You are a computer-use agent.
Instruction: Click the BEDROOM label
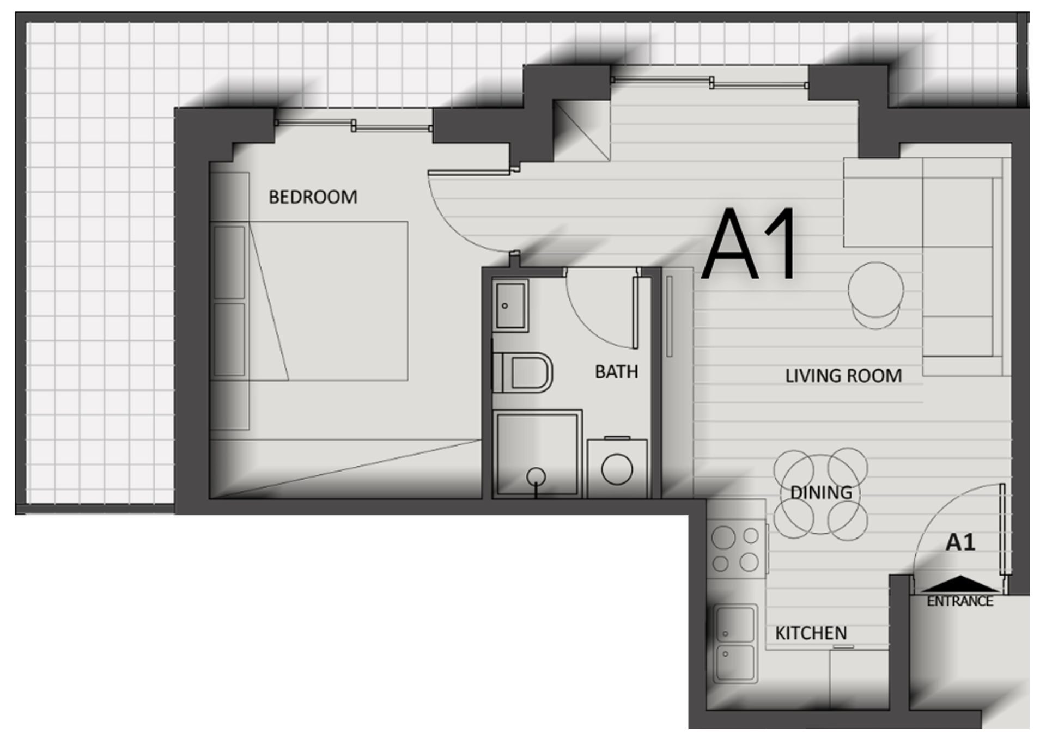[313, 197]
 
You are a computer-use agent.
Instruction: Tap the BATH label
[616, 372]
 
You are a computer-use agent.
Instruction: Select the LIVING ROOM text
[843, 376]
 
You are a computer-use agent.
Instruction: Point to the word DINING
[821, 492]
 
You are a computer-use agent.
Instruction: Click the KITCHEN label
[811, 633]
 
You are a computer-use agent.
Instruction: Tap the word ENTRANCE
[960, 601]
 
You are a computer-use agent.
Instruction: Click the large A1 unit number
[750, 243]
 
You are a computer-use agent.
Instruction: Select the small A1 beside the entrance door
[960, 542]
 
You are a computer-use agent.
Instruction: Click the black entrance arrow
[960, 584]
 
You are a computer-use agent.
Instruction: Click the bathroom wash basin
[510, 305]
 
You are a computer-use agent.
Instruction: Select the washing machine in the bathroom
[617, 468]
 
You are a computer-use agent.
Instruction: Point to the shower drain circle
[536, 476]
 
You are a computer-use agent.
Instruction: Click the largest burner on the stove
[723, 538]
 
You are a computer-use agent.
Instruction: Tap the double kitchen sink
[735, 644]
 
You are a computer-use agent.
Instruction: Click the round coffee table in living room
[875, 290]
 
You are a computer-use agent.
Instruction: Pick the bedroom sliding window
[354, 126]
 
